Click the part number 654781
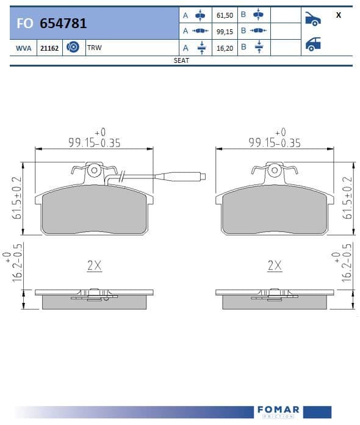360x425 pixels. coord(63,23)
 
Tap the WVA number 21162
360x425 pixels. coord(49,48)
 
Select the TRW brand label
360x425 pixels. coord(94,48)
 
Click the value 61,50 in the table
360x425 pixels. coord(225,15)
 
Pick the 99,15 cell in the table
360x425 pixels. coord(225,32)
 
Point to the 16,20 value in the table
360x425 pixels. coord(225,48)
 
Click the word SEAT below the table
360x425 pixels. coord(181,60)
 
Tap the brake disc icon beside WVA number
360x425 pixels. coord(73,47)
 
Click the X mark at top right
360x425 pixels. coord(338,15)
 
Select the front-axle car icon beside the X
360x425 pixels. coord(313,19)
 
